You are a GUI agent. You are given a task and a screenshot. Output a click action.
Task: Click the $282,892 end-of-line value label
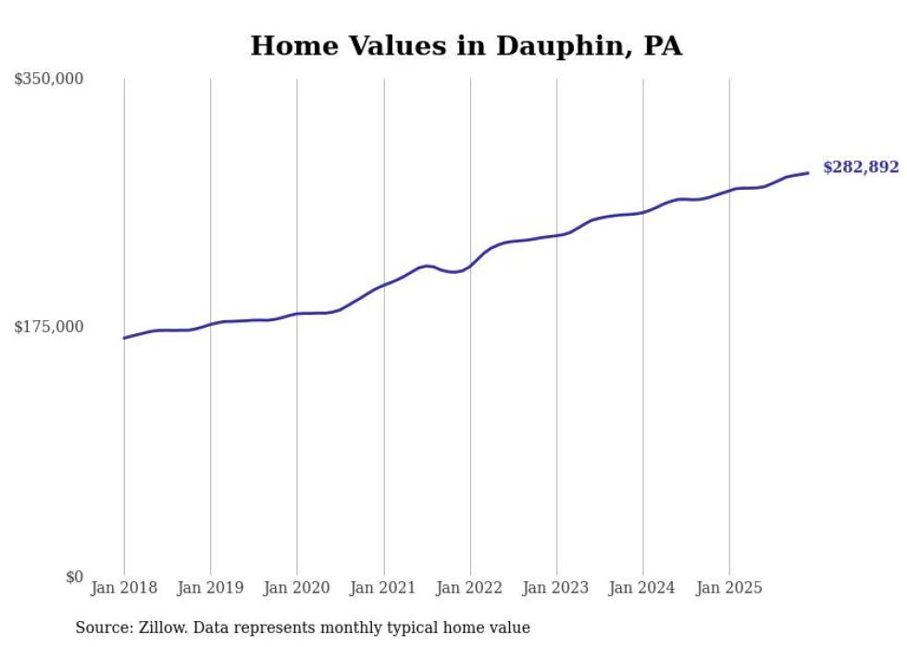(860, 168)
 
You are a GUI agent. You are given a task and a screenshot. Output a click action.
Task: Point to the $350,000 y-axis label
(48, 80)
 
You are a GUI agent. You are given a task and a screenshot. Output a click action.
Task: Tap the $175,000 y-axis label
(48, 327)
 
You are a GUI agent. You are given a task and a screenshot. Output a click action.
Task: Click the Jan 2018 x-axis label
(124, 588)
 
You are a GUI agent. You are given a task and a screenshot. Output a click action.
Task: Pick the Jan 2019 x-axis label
(210, 588)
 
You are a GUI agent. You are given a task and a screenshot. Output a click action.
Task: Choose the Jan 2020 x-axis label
(297, 588)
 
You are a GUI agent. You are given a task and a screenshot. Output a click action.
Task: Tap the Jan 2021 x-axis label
(383, 588)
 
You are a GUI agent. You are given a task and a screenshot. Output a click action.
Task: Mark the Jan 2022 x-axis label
(470, 588)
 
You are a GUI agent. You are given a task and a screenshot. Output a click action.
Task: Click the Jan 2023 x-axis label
(556, 588)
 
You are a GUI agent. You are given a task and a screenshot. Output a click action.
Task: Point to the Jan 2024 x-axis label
(643, 588)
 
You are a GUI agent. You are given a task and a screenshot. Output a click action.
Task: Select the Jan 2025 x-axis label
(729, 588)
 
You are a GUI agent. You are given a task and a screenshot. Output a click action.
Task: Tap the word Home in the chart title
(287, 46)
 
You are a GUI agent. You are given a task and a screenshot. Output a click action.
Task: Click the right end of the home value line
(808, 173)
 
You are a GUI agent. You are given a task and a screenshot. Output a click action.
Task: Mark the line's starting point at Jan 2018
(124, 338)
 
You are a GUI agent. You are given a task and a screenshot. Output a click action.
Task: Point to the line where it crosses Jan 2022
(470, 266)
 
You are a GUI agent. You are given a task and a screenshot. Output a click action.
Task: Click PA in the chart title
(663, 46)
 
